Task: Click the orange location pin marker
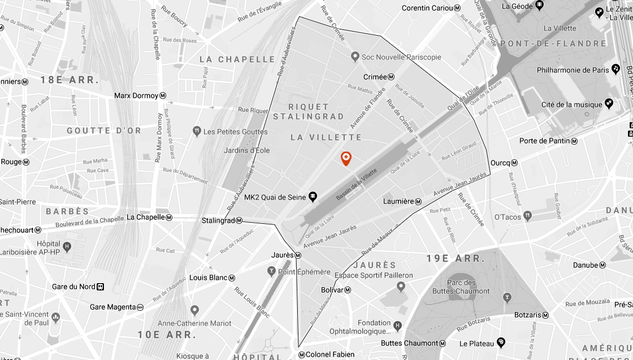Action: click(346, 158)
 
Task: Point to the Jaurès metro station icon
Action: click(298, 255)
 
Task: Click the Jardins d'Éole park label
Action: click(247, 150)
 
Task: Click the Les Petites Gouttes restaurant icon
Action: click(197, 131)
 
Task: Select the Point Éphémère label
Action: click(304, 272)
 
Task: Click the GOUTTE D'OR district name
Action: click(104, 131)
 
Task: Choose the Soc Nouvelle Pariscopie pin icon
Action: click(355, 57)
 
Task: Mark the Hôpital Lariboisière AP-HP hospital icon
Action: click(67, 246)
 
